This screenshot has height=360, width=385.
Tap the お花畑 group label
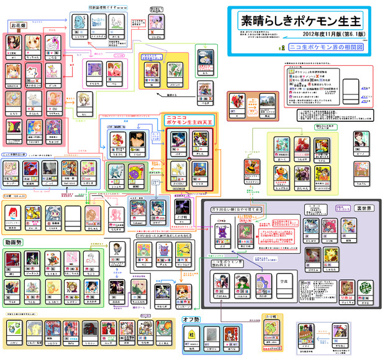(18, 25)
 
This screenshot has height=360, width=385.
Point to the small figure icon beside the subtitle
(283, 47)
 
